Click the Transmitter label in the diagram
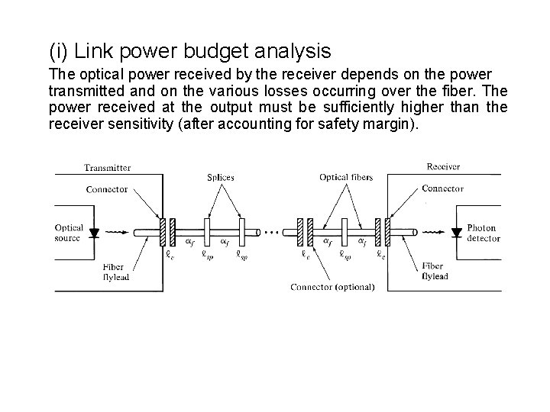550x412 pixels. [107, 167]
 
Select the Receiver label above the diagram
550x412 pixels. [442, 166]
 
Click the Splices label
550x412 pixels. [220, 178]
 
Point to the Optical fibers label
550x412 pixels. [346, 178]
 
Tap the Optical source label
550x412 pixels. [70, 233]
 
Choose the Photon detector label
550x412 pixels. [483, 233]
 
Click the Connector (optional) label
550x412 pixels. [333, 287]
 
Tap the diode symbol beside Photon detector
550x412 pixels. [457, 232]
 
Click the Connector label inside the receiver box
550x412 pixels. [443, 188]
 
